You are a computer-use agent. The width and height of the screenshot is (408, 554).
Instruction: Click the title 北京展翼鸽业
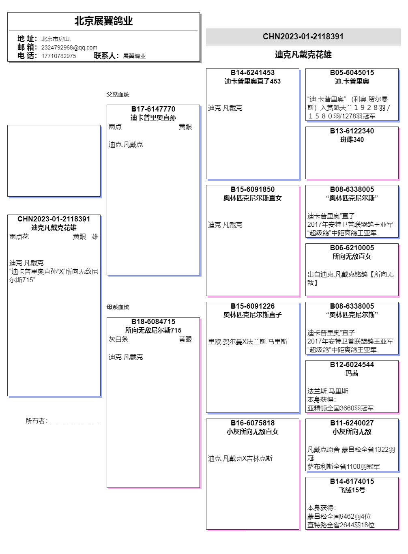(103, 21)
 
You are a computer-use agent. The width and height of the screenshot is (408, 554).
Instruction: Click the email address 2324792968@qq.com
(69, 47)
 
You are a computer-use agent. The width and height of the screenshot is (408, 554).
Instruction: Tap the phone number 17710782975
(58, 56)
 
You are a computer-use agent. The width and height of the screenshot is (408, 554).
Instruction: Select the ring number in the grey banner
(303, 37)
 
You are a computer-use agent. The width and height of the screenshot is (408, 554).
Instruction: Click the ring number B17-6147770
(153, 109)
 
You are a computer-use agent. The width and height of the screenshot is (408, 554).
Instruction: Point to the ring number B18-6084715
(153, 322)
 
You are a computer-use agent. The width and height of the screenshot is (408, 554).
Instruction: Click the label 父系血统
(118, 94)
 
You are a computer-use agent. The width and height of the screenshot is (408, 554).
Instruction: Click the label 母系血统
(118, 307)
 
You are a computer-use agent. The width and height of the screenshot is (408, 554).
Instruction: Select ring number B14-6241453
(253, 73)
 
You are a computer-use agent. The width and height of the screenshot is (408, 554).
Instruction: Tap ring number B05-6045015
(352, 73)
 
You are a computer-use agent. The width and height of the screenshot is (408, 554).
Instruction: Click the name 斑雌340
(352, 140)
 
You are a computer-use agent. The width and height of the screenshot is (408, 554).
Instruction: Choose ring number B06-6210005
(352, 248)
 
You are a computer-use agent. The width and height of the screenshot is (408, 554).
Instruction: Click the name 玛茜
(352, 373)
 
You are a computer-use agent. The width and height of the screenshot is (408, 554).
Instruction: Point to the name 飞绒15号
(352, 490)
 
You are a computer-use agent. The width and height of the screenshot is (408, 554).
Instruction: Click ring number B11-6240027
(352, 423)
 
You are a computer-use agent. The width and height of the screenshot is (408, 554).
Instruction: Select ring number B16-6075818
(253, 423)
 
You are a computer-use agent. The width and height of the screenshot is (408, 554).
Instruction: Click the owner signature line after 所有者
(75, 422)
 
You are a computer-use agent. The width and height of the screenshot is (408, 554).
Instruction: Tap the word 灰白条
(118, 339)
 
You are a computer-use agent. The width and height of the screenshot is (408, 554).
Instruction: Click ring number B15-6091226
(253, 306)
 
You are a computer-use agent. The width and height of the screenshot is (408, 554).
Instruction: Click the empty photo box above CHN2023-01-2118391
(54, 161)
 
